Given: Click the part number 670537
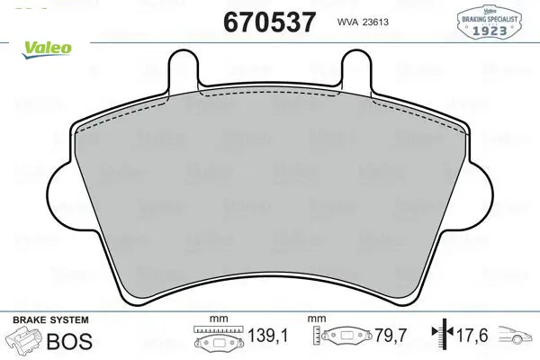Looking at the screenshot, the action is [269, 22].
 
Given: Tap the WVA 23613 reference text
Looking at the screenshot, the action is [363, 22].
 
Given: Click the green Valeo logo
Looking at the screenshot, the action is [47, 49].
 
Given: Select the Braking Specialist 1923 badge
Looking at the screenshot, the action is [490, 21].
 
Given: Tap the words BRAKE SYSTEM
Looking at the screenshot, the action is [50, 320].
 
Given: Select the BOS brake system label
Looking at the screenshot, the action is [69, 341].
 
